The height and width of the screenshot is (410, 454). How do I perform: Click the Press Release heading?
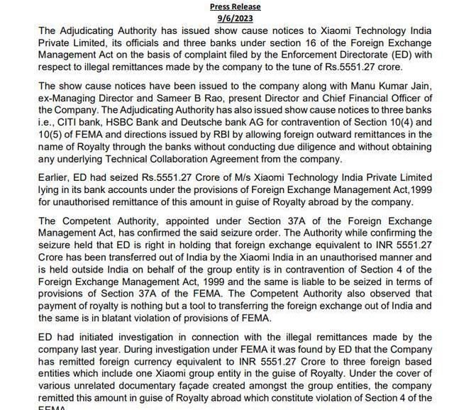(236, 6)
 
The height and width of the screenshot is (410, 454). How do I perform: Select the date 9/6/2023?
(236, 18)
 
